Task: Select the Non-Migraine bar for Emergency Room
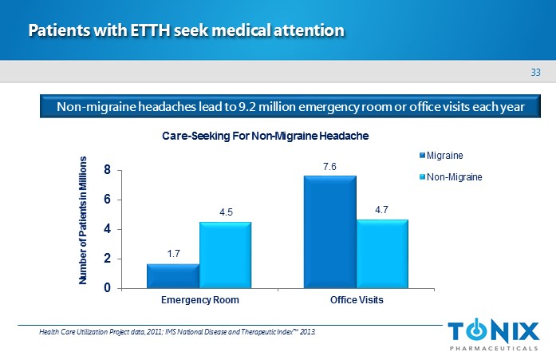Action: click(x=225, y=255)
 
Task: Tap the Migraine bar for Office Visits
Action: click(x=329, y=231)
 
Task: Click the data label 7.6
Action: click(x=329, y=167)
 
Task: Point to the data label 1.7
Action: click(x=173, y=254)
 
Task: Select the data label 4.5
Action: click(x=225, y=212)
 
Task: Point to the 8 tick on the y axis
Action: click(x=107, y=170)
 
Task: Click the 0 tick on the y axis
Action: click(x=107, y=288)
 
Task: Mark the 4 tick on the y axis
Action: click(x=107, y=229)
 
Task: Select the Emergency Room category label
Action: click(x=200, y=301)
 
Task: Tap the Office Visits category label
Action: click(x=357, y=301)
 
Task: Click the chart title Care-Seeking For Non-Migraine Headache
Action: click(x=266, y=136)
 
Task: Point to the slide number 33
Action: click(x=536, y=73)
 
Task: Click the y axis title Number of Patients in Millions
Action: click(x=82, y=221)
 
